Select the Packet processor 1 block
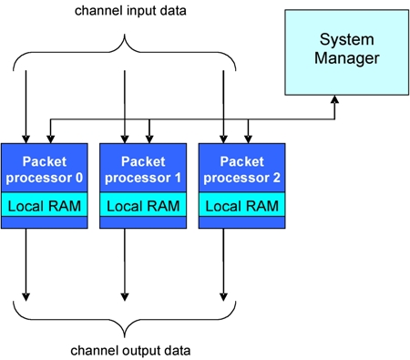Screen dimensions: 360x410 pyautogui.click(x=143, y=168)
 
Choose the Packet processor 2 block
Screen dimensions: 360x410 pyautogui.click(x=241, y=168)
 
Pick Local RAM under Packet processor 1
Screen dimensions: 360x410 pyautogui.click(x=143, y=206)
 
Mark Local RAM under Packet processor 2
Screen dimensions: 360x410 pyautogui.click(x=241, y=206)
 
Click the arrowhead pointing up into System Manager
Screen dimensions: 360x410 pyautogui.click(x=334, y=100)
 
